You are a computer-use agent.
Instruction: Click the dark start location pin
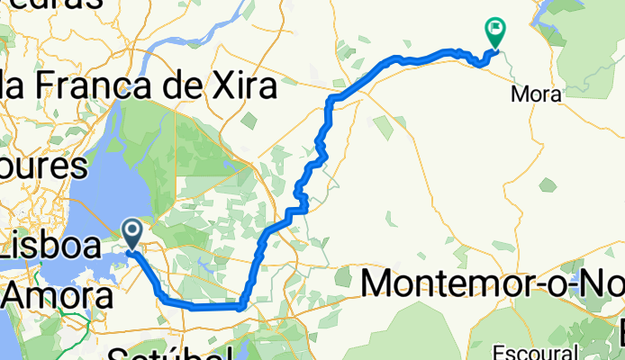[x=132, y=234]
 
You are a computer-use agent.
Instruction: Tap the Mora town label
[x=538, y=94]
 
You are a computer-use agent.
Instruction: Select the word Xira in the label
[x=244, y=87]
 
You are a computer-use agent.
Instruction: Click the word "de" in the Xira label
[x=195, y=87]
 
